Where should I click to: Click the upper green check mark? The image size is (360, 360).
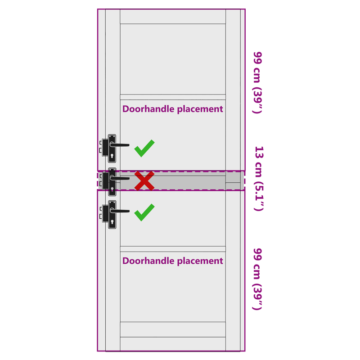click(144, 148)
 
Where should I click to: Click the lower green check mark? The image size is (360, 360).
click(144, 212)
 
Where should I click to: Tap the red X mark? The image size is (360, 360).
click(144, 181)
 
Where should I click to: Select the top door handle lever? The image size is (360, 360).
click(119, 144)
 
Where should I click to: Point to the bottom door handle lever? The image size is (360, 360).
click(119, 211)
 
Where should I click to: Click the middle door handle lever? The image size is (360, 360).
click(119, 178)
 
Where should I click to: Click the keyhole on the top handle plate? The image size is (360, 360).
click(112, 156)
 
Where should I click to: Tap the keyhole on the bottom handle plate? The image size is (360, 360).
click(112, 222)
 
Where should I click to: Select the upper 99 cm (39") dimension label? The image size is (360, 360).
click(257, 83)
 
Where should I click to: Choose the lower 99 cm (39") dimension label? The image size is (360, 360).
click(257, 279)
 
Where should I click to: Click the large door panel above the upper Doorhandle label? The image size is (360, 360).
click(173, 59)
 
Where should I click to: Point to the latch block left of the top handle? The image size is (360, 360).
click(105, 147)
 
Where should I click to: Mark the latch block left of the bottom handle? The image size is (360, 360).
click(105, 213)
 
